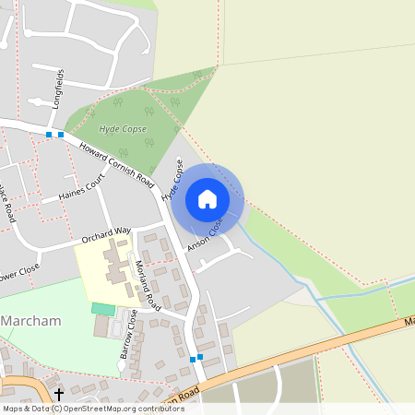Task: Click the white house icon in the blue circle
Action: coord(207,199)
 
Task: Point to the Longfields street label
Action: coord(59,88)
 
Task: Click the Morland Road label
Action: coord(147,278)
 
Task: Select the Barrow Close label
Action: coord(126,333)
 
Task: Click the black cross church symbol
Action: coord(59,394)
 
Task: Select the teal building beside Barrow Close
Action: coord(103,308)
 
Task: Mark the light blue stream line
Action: coord(360,296)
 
